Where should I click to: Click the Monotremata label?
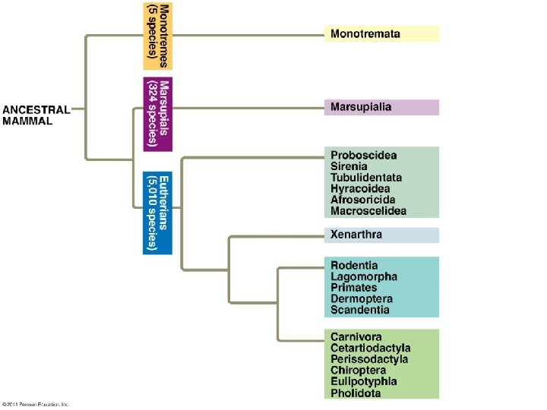(x=365, y=34)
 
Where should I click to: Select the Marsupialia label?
(x=362, y=107)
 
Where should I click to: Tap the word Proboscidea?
(x=363, y=156)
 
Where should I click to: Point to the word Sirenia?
(x=349, y=166)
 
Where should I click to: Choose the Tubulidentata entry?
(x=366, y=178)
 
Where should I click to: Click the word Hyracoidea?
(x=360, y=188)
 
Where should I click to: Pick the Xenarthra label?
(x=356, y=235)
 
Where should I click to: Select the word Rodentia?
(x=354, y=266)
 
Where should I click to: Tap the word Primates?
(x=353, y=288)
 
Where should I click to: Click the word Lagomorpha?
(x=363, y=277)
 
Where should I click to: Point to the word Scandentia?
(x=360, y=310)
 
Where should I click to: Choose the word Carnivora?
(x=356, y=336)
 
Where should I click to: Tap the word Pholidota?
(x=356, y=393)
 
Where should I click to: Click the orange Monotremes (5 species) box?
(x=159, y=36)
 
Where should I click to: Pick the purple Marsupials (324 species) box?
(x=159, y=113)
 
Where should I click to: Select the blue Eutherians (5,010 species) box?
(x=159, y=212)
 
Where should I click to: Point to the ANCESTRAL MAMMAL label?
(x=36, y=115)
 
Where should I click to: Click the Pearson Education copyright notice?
(x=36, y=404)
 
